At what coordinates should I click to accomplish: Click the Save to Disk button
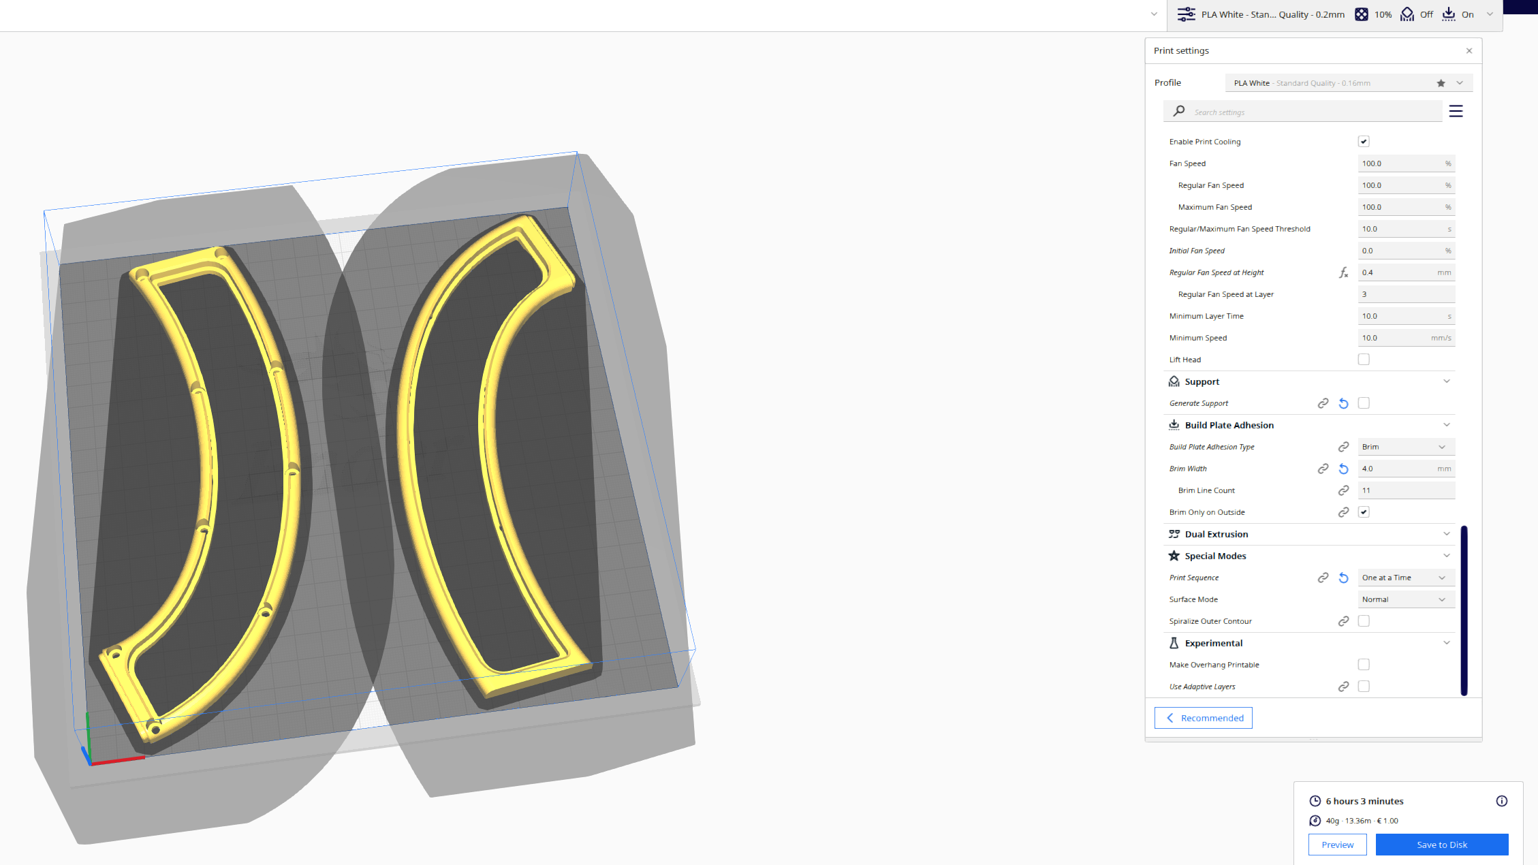pyautogui.click(x=1441, y=845)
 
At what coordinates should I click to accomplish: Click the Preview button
pyautogui.click(x=1337, y=845)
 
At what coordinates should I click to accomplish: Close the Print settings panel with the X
pyautogui.click(x=1469, y=51)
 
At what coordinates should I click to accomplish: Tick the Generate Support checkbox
pyautogui.click(x=1364, y=403)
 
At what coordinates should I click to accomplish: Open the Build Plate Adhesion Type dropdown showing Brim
pyautogui.click(x=1405, y=447)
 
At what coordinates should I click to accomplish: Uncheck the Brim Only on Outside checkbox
pyautogui.click(x=1364, y=512)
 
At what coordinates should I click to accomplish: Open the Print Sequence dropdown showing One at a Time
pyautogui.click(x=1405, y=578)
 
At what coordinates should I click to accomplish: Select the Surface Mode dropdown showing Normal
pyautogui.click(x=1405, y=599)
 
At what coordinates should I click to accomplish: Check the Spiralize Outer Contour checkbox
pyautogui.click(x=1364, y=621)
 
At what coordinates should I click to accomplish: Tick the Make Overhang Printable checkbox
pyautogui.click(x=1364, y=665)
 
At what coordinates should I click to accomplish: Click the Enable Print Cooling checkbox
pyautogui.click(x=1364, y=142)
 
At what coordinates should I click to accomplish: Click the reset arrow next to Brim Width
pyautogui.click(x=1343, y=469)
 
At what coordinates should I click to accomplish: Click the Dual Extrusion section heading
pyautogui.click(x=1217, y=534)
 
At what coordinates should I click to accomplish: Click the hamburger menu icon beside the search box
pyautogui.click(x=1456, y=111)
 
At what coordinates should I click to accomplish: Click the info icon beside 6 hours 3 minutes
pyautogui.click(x=1501, y=801)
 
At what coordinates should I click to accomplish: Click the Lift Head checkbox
pyautogui.click(x=1364, y=360)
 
